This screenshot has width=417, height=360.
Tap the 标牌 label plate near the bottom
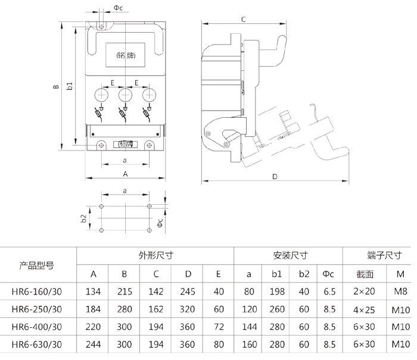pyautogui.click(x=125, y=143)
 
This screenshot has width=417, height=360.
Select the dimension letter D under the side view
pyautogui.click(x=275, y=177)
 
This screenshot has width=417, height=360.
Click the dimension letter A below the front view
pyautogui.click(x=125, y=174)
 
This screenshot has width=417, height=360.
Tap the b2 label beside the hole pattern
pyautogui.click(x=85, y=218)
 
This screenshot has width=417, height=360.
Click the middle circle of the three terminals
pyautogui.click(x=125, y=95)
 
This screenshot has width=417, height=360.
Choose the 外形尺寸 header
pyautogui.click(x=155, y=256)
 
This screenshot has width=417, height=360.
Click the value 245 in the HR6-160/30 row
pyautogui.click(x=187, y=292)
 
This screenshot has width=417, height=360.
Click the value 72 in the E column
pyautogui.click(x=219, y=327)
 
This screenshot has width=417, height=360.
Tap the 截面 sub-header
pyautogui.click(x=365, y=274)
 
